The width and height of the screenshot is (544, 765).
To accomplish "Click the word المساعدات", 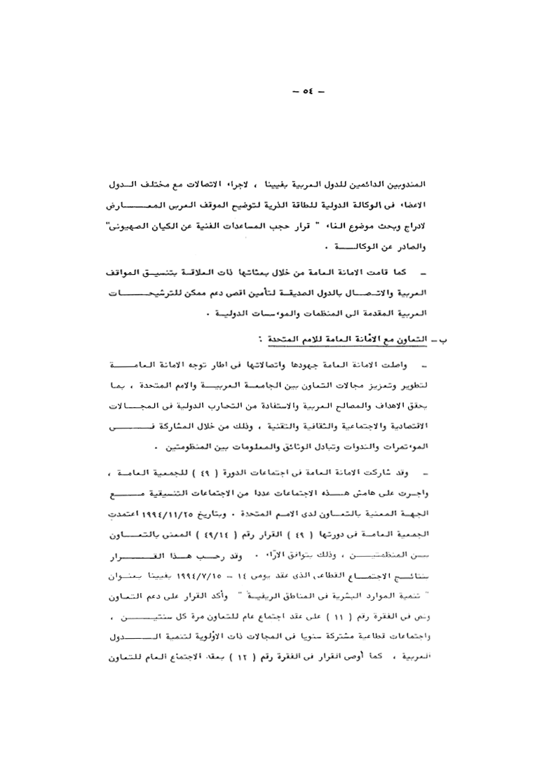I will click(x=345, y=228).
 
